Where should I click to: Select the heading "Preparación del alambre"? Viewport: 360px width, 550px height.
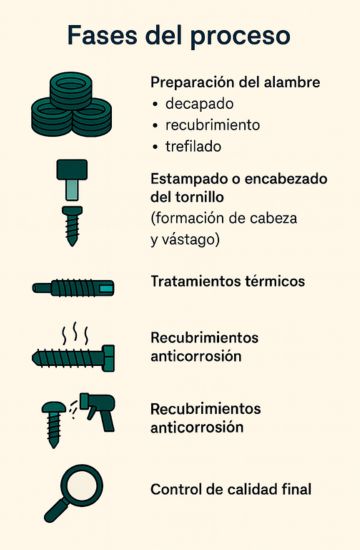click(235, 82)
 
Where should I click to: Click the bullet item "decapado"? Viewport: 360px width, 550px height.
click(200, 104)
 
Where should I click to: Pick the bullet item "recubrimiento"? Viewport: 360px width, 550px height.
click(213, 125)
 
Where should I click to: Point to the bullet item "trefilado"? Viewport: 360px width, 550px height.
click(196, 147)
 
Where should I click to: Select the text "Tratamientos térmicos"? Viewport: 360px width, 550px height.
click(227, 282)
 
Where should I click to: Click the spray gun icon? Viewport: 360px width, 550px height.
click(100, 410)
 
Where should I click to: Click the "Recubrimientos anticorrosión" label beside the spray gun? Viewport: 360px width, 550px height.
click(205, 418)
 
